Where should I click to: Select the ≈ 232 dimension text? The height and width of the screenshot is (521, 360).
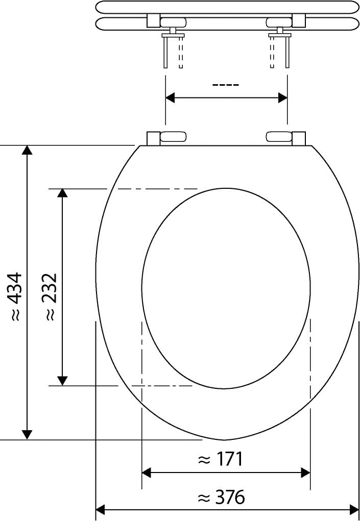pyautogui.click(x=51, y=296)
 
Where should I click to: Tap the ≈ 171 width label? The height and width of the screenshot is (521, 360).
pyautogui.click(x=221, y=460)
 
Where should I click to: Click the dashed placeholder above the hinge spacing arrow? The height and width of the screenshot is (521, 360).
pyautogui.click(x=226, y=85)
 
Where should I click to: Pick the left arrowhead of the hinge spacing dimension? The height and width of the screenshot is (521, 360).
pyautogui.click(x=170, y=98)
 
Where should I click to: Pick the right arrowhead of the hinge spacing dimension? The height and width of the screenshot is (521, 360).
pyautogui.click(x=283, y=98)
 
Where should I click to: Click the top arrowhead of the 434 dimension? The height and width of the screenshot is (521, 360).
pyautogui.click(x=27, y=150)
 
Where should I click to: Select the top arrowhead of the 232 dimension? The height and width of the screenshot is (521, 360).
pyautogui.click(x=62, y=193)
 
